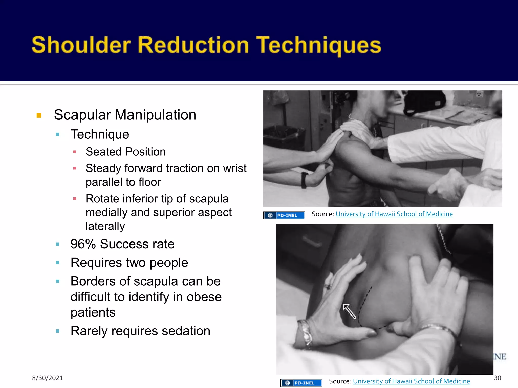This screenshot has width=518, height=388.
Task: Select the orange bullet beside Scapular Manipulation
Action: coord(39,116)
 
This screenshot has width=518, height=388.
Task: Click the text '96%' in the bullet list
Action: coord(83,244)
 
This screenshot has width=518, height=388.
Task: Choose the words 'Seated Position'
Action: coord(125,152)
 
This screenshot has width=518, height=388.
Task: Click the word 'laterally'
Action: coord(105,226)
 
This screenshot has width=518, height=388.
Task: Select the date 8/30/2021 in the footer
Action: coord(47,378)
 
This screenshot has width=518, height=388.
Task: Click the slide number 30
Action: coord(497,378)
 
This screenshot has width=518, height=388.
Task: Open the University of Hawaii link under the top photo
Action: coord(394,214)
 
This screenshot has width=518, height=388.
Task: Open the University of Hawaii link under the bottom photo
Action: coord(411,381)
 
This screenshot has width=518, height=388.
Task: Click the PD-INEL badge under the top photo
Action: coord(284,215)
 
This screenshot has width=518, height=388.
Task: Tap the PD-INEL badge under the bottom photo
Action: coord(301,383)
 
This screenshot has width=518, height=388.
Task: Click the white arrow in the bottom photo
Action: coord(349,311)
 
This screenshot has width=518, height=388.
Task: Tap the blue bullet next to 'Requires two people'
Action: coord(58,263)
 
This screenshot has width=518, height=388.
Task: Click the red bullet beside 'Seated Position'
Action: coord(75,152)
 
